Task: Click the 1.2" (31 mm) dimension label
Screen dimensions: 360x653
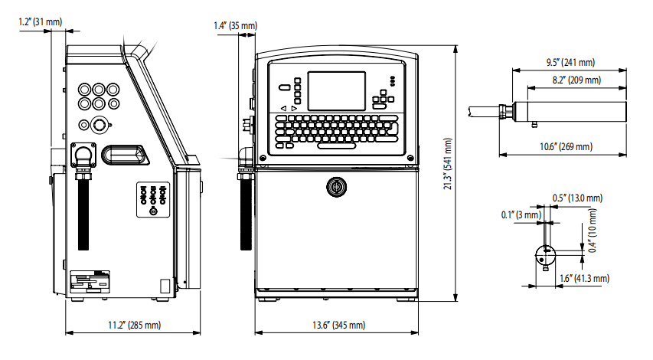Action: pos(41,21)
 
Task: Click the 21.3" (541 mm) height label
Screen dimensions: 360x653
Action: pos(449,175)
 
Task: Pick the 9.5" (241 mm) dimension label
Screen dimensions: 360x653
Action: pos(570,61)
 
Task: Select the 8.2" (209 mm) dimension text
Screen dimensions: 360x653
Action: pos(576,80)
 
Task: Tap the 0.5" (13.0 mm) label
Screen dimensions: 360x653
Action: pos(577,198)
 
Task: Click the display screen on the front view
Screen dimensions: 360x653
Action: pos(337,90)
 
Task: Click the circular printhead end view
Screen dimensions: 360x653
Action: pos(544,252)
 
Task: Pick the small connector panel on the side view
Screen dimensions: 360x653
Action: pos(152,198)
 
